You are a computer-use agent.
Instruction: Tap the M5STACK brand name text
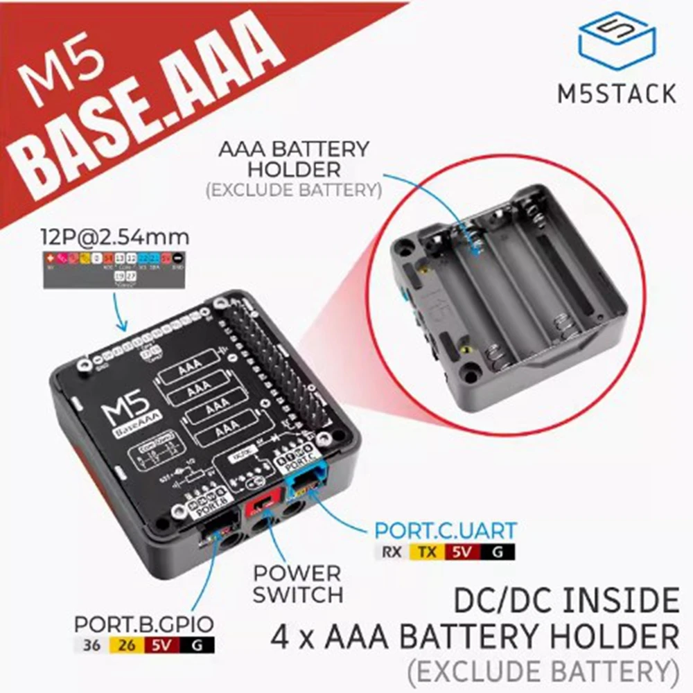pyautogui.click(x=616, y=93)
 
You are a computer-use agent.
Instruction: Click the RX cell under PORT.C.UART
pyautogui.click(x=391, y=552)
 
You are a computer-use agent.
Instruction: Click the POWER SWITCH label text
pyautogui.click(x=297, y=584)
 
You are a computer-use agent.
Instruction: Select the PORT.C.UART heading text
pyautogui.click(x=445, y=532)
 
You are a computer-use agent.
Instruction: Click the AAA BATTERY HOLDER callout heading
pyautogui.click(x=293, y=159)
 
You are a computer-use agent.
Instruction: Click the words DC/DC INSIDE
pyautogui.click(x=566, y=600)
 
